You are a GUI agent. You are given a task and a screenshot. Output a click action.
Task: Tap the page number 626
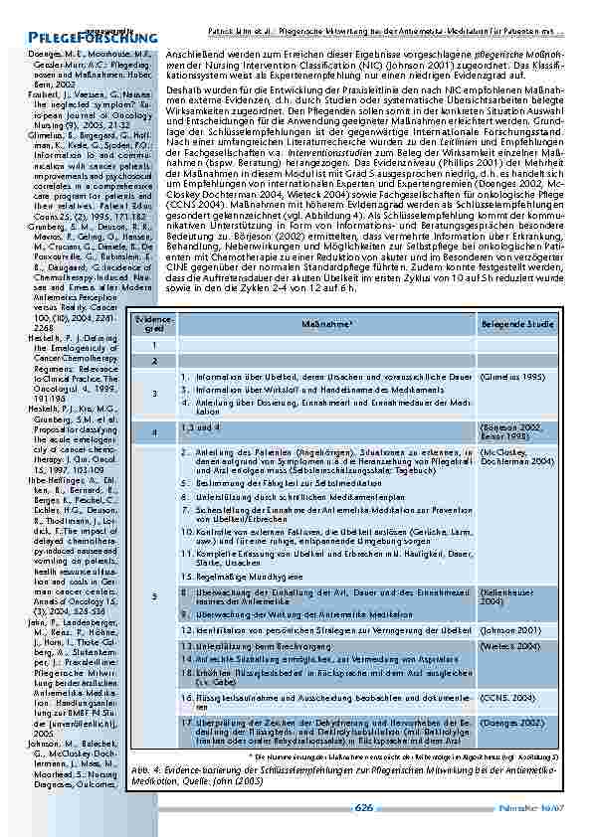[364, 808]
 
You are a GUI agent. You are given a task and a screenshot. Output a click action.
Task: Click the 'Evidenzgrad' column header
[154, 323]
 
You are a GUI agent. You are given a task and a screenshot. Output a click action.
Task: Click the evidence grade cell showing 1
[154, 345]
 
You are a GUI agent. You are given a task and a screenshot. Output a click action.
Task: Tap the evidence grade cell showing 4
[154, 432]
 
